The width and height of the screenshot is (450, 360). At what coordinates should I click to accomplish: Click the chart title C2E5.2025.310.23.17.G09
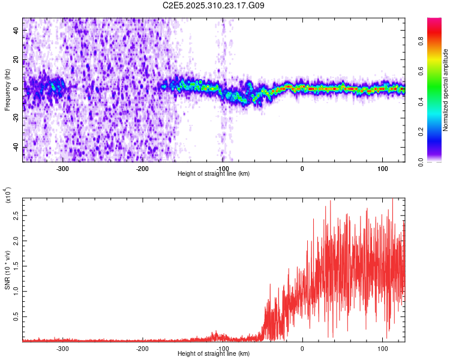(x=214, y=6)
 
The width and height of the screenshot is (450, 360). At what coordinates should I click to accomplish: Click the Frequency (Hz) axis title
(x=7, y=89)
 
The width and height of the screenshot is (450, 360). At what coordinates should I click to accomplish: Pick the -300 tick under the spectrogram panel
(x=62, y=169)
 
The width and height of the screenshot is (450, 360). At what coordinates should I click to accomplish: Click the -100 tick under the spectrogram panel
(x=223, y=169)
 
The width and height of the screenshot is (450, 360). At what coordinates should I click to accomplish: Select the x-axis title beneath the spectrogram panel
(x=214, y=174)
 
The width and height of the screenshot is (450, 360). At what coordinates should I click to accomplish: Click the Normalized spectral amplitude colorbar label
(x=446, y=89)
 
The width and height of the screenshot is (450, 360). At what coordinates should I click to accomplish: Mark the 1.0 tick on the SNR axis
(x=14, y=290)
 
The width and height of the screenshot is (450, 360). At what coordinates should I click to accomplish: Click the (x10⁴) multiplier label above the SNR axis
(x=8, y=195)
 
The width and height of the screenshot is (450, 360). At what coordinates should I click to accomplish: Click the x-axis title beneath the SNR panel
(x=214, y=354)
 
